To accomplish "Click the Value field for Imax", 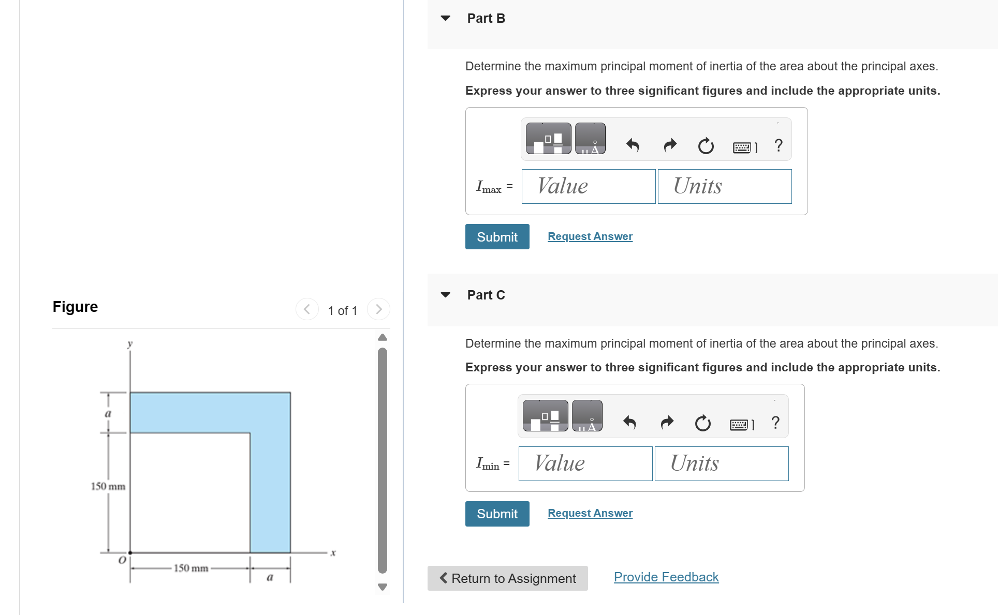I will point(588,186).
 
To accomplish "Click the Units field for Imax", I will point(724,186).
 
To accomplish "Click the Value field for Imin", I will point(585,463).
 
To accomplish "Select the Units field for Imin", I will point(721,463).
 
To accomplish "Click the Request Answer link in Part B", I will point(590,236).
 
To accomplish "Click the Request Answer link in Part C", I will point(590,513).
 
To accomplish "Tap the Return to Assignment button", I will point(507,578).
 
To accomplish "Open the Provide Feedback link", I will point(666,577).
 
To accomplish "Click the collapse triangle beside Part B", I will point(445,18).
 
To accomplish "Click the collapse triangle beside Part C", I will point(445,295).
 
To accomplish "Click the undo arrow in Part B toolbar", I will point(633,145).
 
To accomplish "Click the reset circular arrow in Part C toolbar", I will point(702,423).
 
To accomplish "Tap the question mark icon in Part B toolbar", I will point(778,145).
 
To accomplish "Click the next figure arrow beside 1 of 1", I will point(378,309).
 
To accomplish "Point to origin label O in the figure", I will point(122,560).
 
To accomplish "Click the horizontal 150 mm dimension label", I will point(190,568).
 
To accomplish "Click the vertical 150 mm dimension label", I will point(108,486).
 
